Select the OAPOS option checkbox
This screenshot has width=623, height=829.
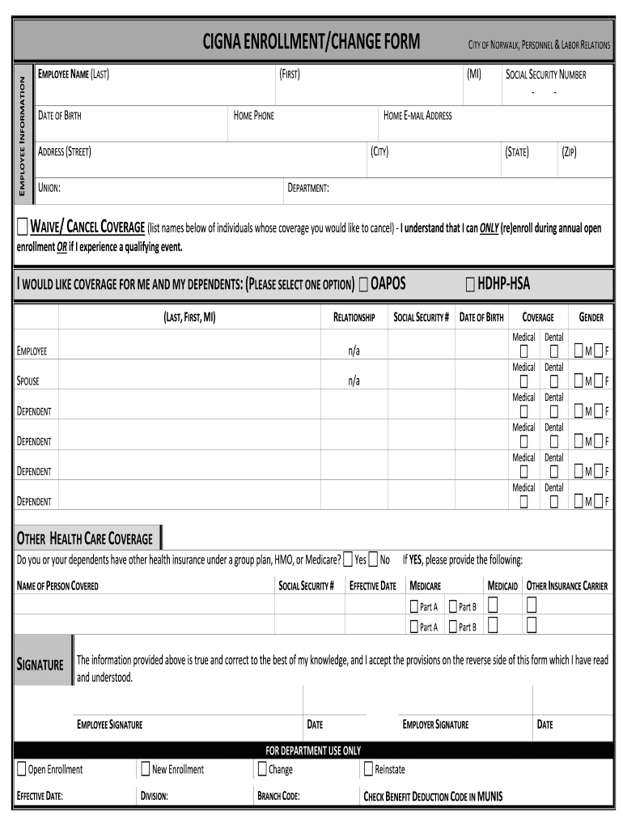click(x=362, y=284)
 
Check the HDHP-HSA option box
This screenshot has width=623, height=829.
click(x=470, y=284)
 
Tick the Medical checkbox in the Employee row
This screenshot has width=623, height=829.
click(x=523, y=351)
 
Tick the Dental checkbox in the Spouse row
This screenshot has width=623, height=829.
click(x=553, y=380)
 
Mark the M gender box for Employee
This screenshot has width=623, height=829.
click(x=578, y=351)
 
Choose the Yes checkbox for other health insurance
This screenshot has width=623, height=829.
click(x=347, y=559)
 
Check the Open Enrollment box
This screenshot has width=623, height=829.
click(x=21, y=769)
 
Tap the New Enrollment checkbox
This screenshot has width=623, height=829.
click(x=145, y=769)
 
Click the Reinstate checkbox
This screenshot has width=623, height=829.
click(x=368, y=769)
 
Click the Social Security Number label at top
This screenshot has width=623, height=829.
click(x=545, y=74)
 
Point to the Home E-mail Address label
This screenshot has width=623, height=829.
click(x=417, y=116)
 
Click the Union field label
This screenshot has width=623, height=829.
click(x=49, y=188)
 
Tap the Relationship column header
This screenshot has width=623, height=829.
click(x=354, y=317)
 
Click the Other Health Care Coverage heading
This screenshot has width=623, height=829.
click(x=85, y=538)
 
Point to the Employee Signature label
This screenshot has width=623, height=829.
click(x=109, y=725)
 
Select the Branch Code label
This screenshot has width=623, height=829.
click(x=278, y=797)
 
